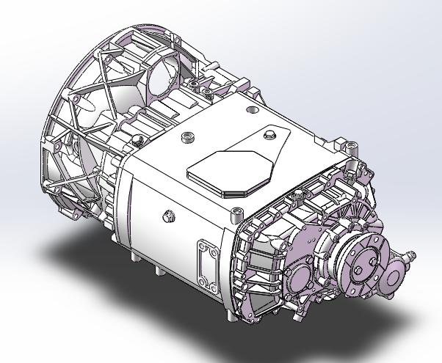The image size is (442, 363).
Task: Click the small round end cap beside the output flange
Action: coord(396,276)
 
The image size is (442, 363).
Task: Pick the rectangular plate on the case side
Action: coord(203,263)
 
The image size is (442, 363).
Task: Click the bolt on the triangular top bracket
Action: coord(268,133)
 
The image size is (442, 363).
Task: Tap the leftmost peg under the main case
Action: coord(135,260)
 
